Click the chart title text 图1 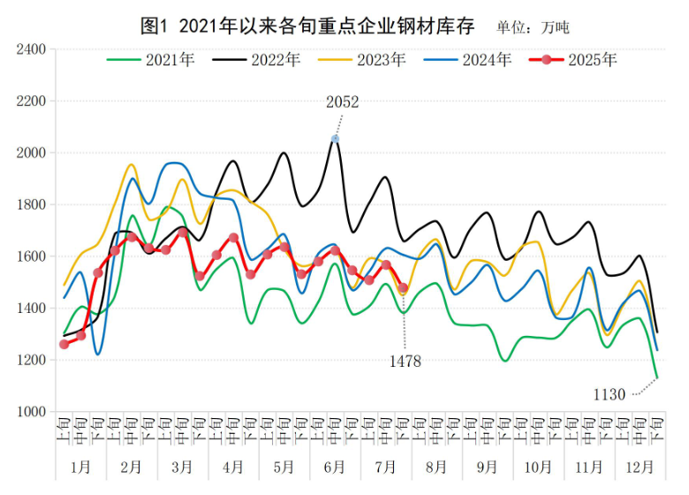(x=155, y=26)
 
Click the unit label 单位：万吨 (x=533, y=27)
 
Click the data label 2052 (x=342, y=103)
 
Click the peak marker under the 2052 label (x=335, y=139)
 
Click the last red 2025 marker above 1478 (x=403, y=288)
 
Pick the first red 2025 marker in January (x=64, y=344)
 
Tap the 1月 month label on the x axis (x=80, y=466)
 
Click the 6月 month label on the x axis (x=335, y=466)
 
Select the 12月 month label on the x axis (x=640, y=466)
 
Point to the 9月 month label (x=488, y=466)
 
